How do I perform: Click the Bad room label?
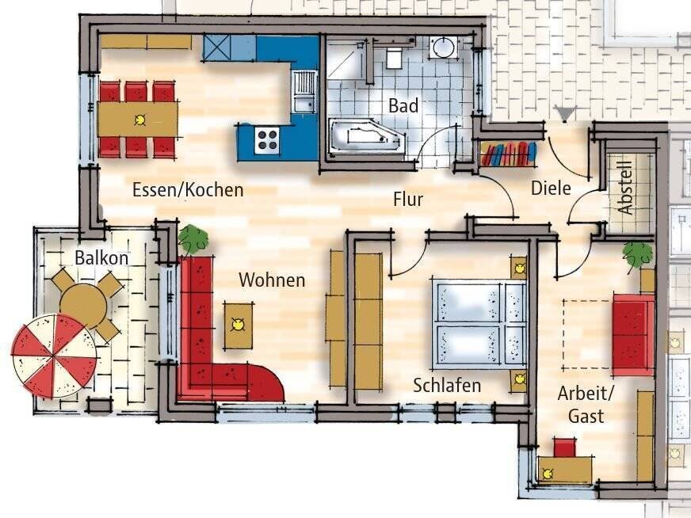403,105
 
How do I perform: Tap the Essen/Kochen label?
188,190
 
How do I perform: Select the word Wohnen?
272,280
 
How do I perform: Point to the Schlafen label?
447,386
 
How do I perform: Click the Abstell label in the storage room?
626,188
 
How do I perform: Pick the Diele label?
551,188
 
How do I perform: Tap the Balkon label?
101,257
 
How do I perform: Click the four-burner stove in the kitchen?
267,140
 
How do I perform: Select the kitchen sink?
304,92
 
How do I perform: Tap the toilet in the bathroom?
394,58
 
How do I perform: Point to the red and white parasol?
54,356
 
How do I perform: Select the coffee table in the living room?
238,325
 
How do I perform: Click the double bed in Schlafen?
479,324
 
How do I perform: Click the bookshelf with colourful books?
508,154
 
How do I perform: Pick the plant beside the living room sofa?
193,238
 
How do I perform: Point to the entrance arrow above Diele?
566,112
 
